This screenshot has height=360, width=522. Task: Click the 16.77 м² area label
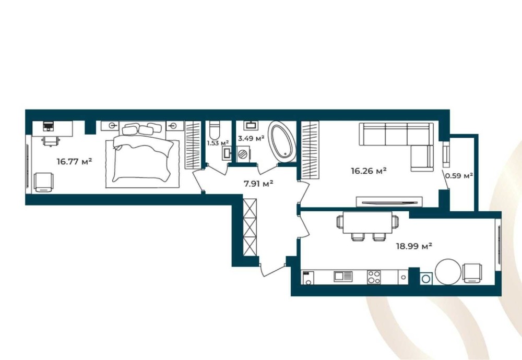(x=74, y=162)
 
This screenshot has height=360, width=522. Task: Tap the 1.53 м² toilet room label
(x=218, y=143)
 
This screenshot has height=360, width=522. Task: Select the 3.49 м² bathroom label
(x=251, y=138)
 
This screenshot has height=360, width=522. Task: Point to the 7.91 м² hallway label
(x=259, y=183)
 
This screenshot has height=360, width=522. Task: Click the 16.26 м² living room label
(x=369, y=171)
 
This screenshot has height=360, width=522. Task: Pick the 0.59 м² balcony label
(x=459, y=175)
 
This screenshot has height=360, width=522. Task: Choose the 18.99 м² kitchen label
(x=414, y=246)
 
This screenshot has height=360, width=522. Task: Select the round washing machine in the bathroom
(x=243, y=154)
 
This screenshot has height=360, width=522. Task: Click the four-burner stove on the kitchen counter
(x=374, y=277)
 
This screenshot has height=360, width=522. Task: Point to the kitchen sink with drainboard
(x=343, y=276)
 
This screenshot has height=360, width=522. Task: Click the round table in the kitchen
(x=448, y=272)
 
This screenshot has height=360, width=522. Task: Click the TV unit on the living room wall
(x=389, y=201)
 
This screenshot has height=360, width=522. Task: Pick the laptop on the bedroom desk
(x=48, y=126)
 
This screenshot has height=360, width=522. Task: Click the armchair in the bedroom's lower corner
(x=44, y=182)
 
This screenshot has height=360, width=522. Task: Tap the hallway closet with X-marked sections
(x=251, y=227)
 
